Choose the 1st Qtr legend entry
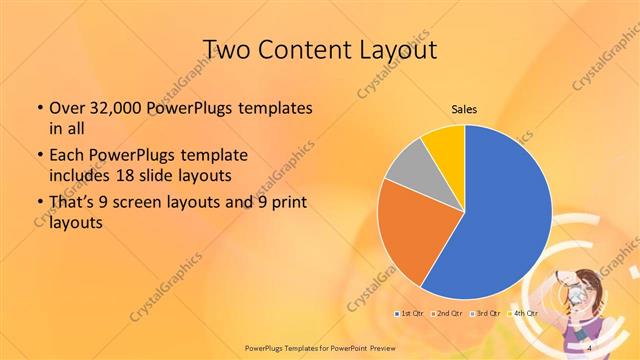click(x=410, y=314)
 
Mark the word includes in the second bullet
click(x=78, y=175)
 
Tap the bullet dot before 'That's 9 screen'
click(x=38, y=204)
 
